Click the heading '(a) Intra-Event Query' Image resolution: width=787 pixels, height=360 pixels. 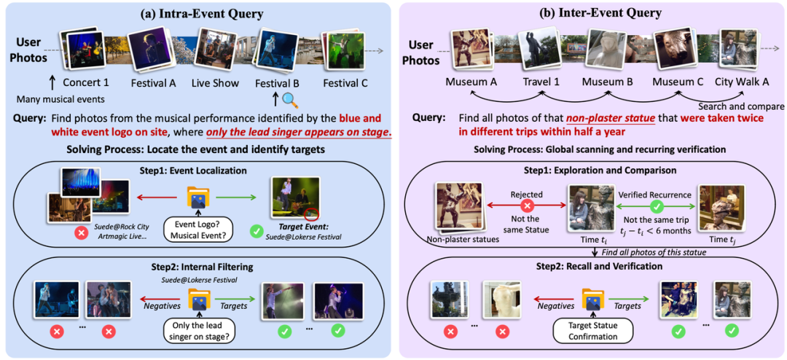[x=197, y=12]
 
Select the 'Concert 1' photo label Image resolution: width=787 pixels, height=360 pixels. [x=86, y=82]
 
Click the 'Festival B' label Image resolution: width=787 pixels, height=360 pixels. [x=279, y=82]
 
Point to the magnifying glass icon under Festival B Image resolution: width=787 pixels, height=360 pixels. [x=289, y=100]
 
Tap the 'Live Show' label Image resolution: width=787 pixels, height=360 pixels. [x=215, y=82]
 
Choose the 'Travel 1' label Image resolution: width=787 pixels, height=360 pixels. [x=540, y=82]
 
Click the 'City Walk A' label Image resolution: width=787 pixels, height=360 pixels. [x=739, y=82]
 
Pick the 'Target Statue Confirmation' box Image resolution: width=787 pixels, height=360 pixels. [x=591, y=331]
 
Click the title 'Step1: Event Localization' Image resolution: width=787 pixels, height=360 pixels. [x=197, y=171]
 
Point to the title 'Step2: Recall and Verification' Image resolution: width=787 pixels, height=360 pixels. [x=591, y=266]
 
